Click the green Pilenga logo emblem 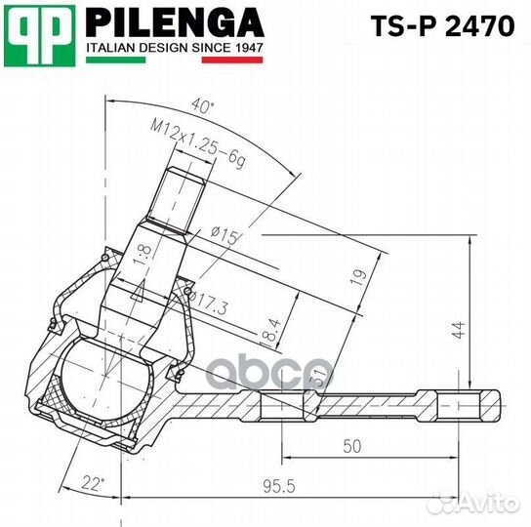(39, 35)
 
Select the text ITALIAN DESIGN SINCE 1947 (175, 47)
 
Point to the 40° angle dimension (203, 104)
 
